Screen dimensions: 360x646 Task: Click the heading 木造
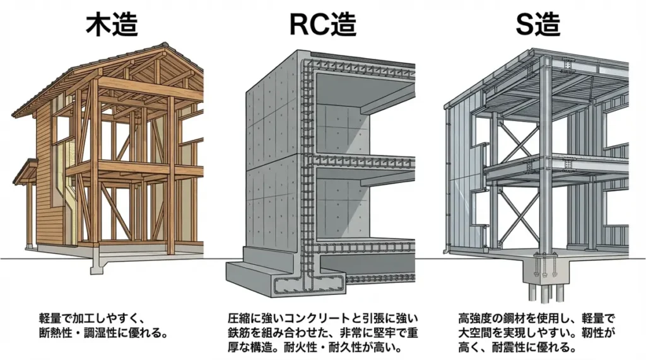click(x=112, y=24)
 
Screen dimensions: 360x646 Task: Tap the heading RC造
click(x=322, y=24)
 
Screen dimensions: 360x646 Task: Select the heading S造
click(x=538, y=24)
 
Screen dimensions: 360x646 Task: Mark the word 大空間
click(x=478, y=332)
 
